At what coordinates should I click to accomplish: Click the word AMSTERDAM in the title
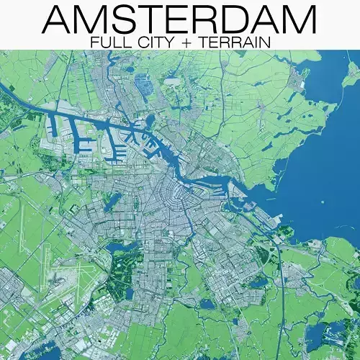179,19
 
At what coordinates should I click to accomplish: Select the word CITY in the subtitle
153,42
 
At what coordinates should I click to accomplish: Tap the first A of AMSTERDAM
58,19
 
